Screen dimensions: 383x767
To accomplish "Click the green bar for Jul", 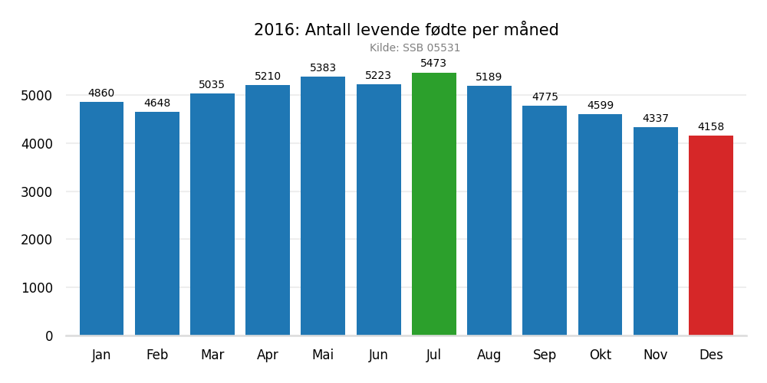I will pyautogui.click(x=434, y=204).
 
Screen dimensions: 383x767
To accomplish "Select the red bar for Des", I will pyautogui.click(x=711, y=235).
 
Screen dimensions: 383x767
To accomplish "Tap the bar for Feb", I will pyautogui.click(x=157, y=224).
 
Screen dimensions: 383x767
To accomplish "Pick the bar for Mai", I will pyautogui.click(x=323, y=206).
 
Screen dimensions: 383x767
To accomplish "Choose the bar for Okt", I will pyautogui.click(x=600, y=224).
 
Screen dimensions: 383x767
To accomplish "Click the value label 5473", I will pyautogui.click(x=433, y=64).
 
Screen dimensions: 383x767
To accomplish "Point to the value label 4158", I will pyautogui.click(x=711, y=127).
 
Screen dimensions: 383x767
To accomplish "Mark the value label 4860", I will pyautogui.click(x=101, y=93).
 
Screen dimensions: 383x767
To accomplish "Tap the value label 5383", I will pyautogui.click(x=323, y=68).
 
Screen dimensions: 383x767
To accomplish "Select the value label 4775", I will pyautogui.click(x=545, y=97).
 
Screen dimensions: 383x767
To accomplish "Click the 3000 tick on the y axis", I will pyautogui.click(x=38, y=191).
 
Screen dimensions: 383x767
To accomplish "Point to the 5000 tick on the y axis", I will pyautogui.click(x=38, y=96).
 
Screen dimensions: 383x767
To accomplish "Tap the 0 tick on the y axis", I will pyautogui.click(x=49, y=336).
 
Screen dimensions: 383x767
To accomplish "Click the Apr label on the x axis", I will pyautogui.click(x=268, y=355).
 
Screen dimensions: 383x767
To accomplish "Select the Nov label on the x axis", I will pyautogui.click(x=656, y=355).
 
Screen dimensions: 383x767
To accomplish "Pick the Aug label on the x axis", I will pyautogui.click(x=489, y=355).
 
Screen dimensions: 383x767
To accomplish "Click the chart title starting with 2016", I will pyautogui.click(x=407, y=30).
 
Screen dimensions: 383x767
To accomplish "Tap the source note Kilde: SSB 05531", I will pyautogui.click(x=415, y=48).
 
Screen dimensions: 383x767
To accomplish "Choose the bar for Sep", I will pyautogui.click(x=545, y=221).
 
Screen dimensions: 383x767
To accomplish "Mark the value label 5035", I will pyautogui.click(x=212, y=85).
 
